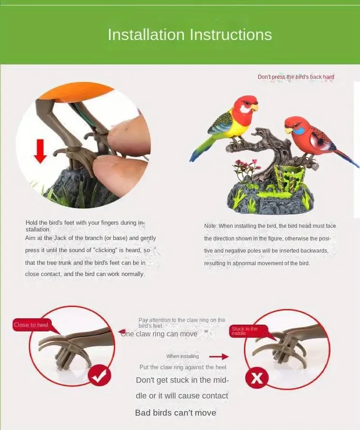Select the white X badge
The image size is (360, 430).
[x=256, y=378]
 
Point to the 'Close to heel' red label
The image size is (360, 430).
[x=31, y=325]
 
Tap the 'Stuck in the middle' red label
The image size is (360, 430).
[x=244, y=331]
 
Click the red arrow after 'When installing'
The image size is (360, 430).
[x=219, y=357]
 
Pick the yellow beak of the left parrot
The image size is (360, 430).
[x=255, y=108]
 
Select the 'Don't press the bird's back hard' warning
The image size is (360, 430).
[x=296, y=77]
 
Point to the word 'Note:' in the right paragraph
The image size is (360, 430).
[x=211, y=226]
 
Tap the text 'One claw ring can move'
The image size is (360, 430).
[x=159, y=334]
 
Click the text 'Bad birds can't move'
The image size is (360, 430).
[x=175, y=413]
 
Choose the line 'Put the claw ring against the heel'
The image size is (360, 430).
[x=183, y=367]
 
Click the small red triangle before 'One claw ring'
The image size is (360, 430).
[x=121, y=332]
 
